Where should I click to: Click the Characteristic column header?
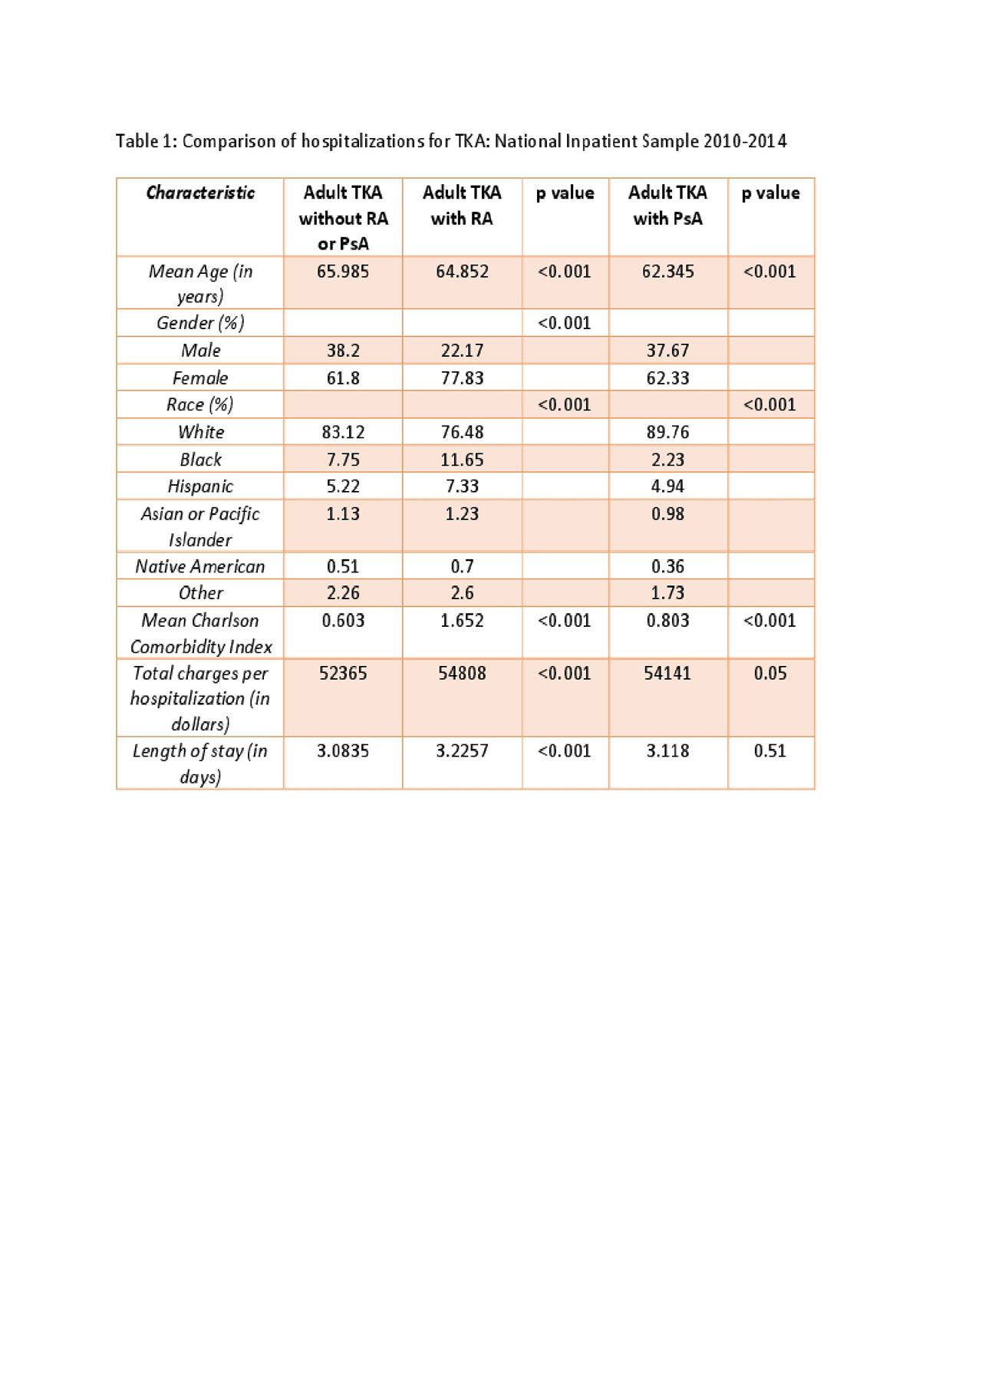(200, 193)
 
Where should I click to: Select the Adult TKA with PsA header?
(667, 206)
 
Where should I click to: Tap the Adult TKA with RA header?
(462, 206)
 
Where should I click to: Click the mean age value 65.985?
(343, 272)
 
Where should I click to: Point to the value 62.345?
(667, 272)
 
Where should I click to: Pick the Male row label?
(200, 351)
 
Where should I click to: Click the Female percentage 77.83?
(462, 378)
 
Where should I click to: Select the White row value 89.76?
(667, 432)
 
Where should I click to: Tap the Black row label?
(200, 460)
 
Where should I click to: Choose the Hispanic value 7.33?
(462, 486)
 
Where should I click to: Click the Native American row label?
(200, 566)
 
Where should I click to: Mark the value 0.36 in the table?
(667, 566)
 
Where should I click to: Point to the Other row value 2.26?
(343, 593)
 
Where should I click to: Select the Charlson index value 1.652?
(462, 621)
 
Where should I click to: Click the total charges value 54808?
(462, 674)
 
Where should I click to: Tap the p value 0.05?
(770, 674)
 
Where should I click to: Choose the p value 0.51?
(770, 751)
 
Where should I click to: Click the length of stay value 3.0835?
(343, 751)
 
